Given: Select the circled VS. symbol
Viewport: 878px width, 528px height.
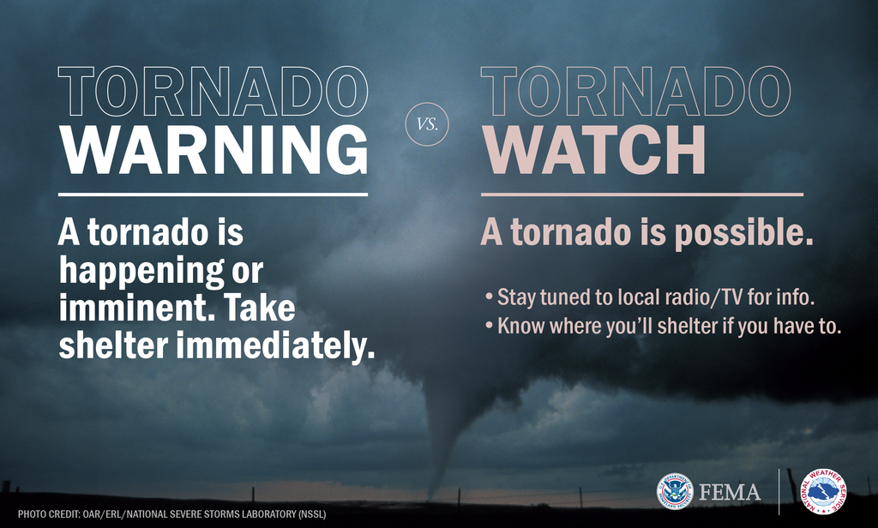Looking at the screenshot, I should pos(426,123).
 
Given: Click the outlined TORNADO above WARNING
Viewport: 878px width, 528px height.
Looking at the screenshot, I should pos(213,91).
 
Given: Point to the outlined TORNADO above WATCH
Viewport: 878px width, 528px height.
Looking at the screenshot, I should pos(634,91).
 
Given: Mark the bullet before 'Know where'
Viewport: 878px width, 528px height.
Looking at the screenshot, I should pos(488,327).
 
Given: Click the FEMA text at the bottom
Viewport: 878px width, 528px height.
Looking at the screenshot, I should pos(730,493).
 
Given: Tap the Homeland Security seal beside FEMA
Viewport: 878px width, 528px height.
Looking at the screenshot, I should pos(676,491).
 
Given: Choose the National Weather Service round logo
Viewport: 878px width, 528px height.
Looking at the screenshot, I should pos(824,491).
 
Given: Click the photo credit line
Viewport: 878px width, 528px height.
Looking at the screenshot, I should pos(171,515).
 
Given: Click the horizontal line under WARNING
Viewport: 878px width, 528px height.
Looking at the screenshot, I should pos(213,195).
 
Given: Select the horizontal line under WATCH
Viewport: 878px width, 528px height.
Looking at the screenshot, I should pos(641,195).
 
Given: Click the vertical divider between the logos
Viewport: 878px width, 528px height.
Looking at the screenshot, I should pos(779,491).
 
